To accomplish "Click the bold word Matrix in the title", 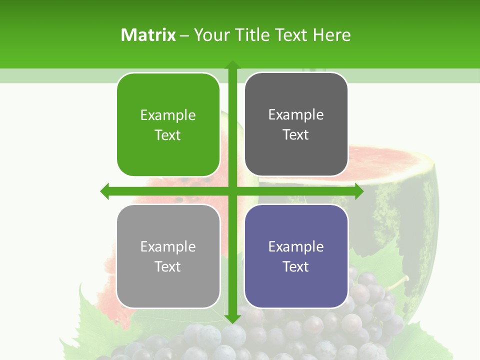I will (148, 35).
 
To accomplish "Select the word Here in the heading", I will (332, 35).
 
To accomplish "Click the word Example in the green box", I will (168, 115).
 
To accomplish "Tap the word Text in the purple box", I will (296, 266).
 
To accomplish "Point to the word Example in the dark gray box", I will (296, 114).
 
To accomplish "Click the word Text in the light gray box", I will (168, 266).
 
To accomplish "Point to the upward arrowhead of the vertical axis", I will (232, 65).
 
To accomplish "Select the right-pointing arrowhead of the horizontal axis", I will (358, 191).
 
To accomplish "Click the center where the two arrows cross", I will (232, 191).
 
